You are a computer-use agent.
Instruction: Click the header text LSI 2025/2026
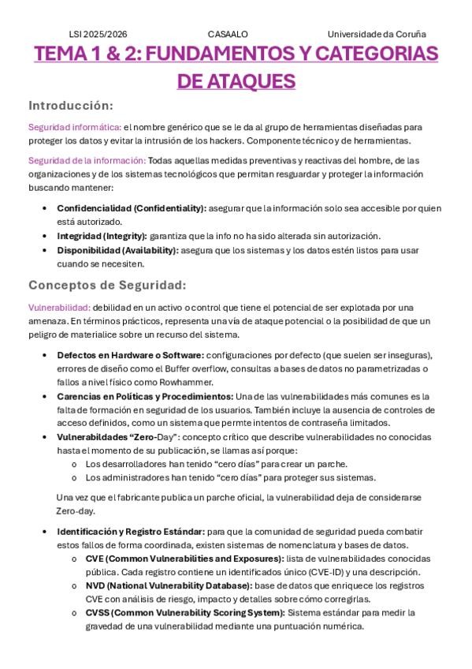point(98,35)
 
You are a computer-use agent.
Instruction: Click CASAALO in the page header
point(228,35)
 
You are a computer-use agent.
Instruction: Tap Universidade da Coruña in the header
point(377,35)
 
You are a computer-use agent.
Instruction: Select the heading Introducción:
point(71,105)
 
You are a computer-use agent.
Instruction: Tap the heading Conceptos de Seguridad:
point(106,285)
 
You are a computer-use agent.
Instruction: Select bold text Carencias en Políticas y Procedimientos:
point(145,396)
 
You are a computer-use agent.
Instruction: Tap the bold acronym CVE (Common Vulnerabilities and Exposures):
point(184,558)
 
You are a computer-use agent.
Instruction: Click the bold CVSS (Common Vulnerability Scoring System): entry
point(184,612)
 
